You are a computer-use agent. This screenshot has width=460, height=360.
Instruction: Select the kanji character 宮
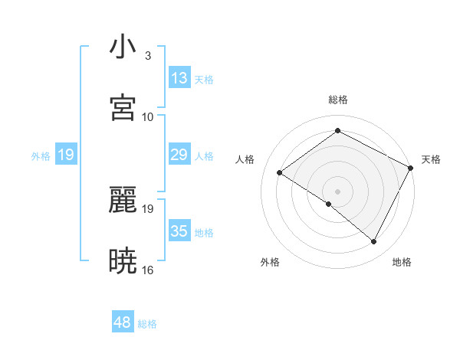pos(123,108)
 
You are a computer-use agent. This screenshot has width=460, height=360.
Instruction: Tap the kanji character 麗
pos(123,201)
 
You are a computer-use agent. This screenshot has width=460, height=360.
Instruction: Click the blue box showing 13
pos(179,78)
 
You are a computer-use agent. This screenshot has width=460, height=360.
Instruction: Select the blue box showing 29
pos(179,155)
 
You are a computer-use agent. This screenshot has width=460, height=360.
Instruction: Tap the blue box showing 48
pos(123,322)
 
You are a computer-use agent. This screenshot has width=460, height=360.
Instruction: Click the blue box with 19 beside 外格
pos(66,155)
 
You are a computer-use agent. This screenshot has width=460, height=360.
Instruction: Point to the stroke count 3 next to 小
pos(148,55)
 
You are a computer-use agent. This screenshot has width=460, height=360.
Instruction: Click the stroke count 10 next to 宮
pos(148,116)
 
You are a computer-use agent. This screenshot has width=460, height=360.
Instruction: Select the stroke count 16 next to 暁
pos(148,270)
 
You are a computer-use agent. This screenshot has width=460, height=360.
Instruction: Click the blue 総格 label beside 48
pos(147,324)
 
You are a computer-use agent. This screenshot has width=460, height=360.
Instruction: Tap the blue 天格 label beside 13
pos(204,80)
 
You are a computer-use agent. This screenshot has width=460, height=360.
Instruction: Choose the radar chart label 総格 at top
pos(338,100)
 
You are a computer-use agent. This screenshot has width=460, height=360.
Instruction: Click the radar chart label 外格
pos(270,262)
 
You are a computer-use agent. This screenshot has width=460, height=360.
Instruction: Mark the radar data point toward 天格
pos(411,168)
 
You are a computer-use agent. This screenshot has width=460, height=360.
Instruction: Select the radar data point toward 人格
pos(280,173)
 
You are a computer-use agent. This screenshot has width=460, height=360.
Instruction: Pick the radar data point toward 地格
pos(374,242)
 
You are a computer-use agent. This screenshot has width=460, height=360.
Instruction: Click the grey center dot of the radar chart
pos(338,191)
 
